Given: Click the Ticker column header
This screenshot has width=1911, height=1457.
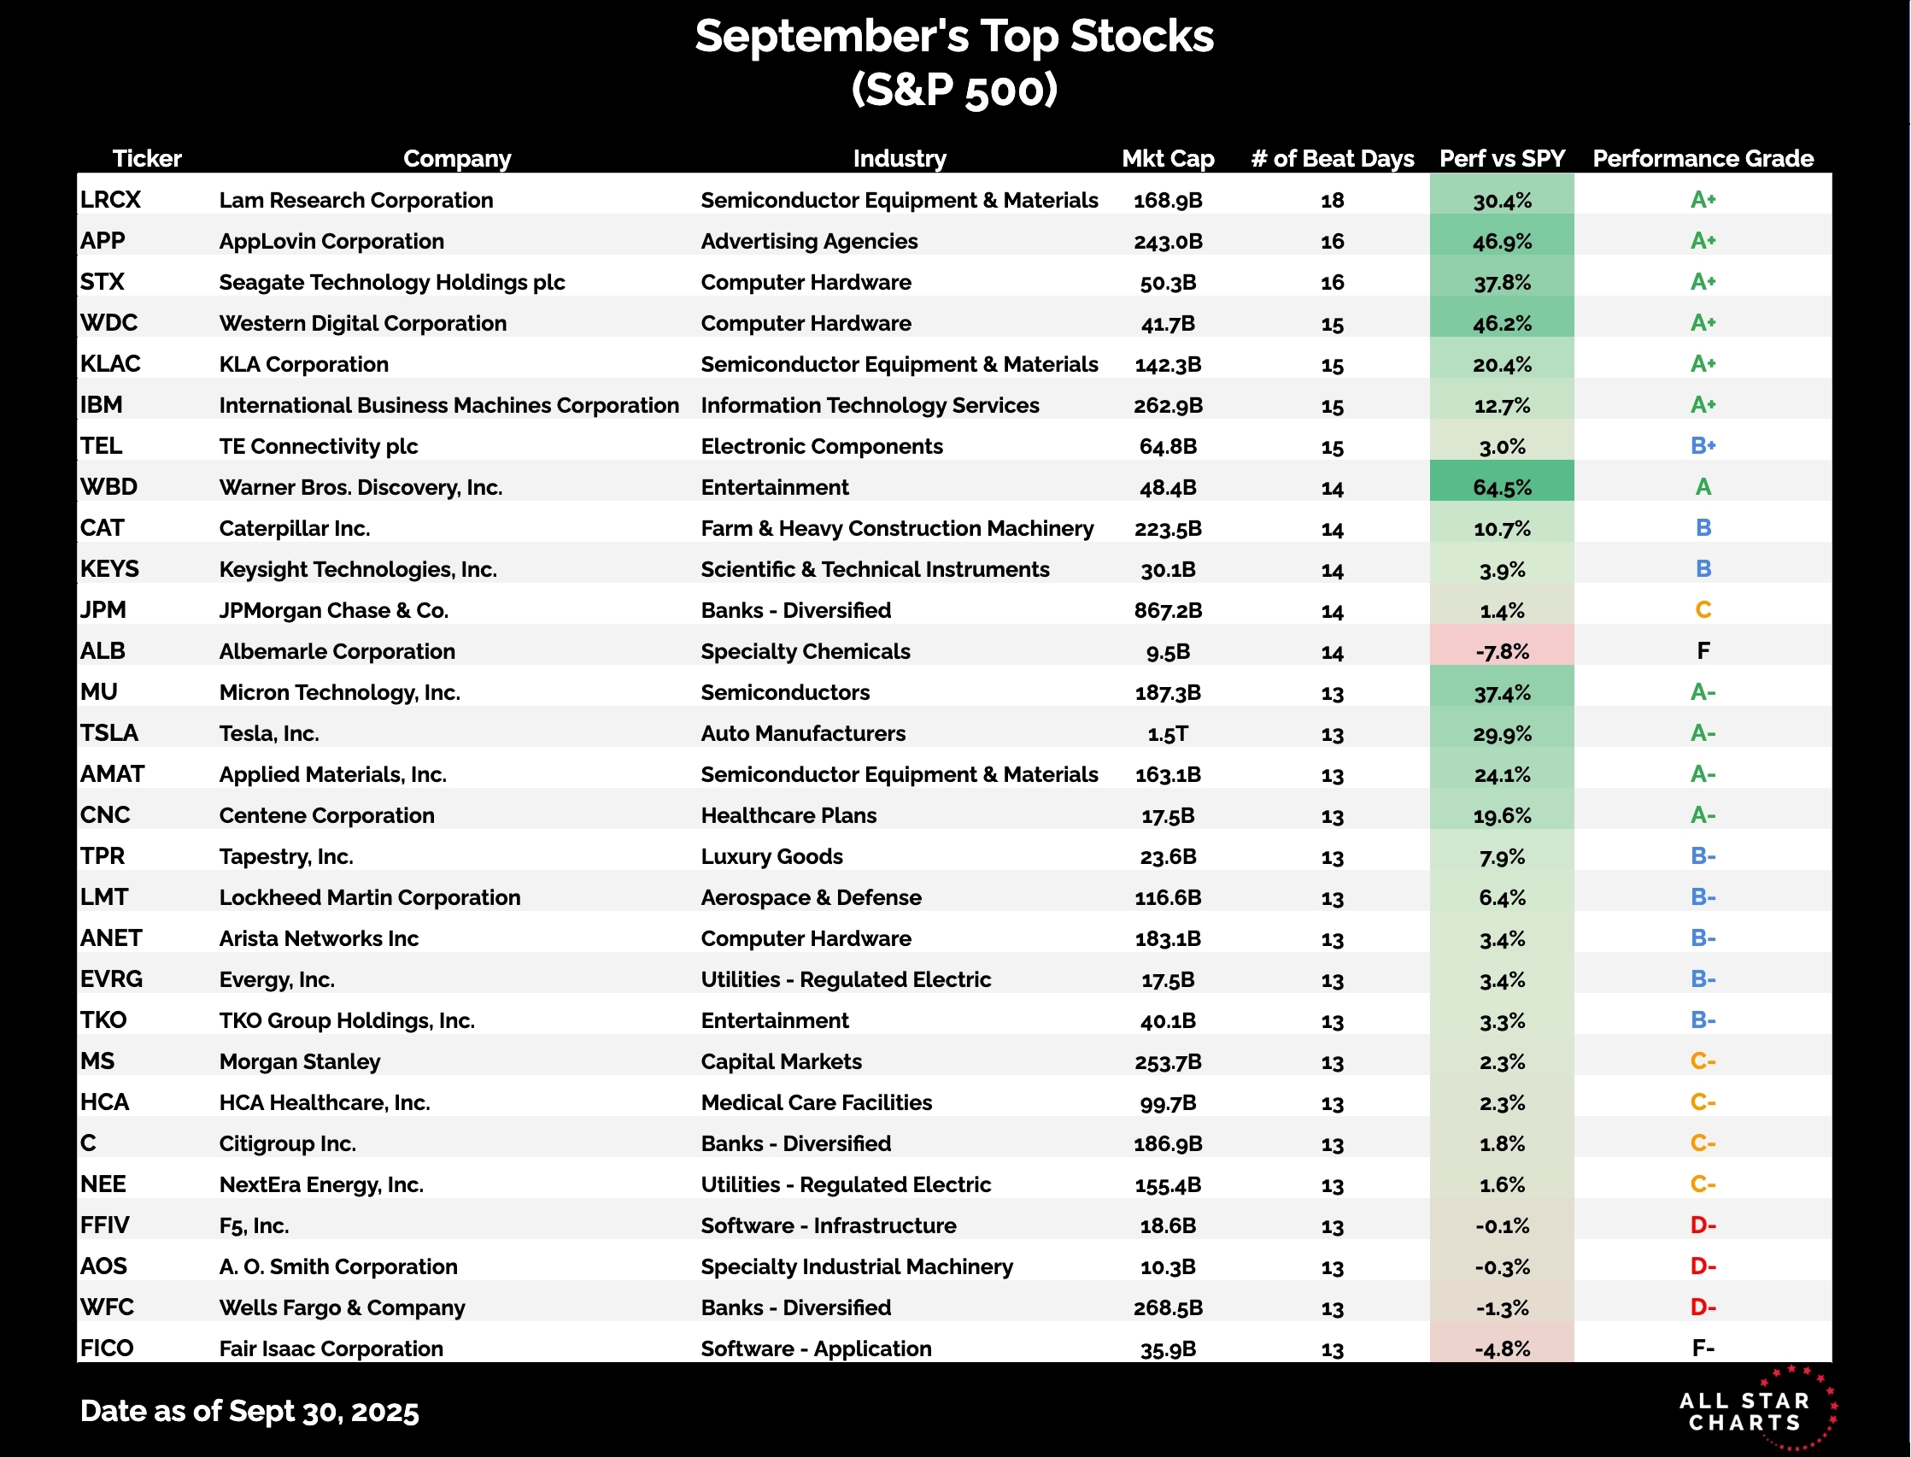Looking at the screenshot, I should tap(147, 159).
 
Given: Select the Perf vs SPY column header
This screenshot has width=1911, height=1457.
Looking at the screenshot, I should tap(1502, 159).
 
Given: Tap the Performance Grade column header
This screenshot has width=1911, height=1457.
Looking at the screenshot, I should tap(1702, 159).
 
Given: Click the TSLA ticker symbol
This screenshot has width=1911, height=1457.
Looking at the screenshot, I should tap(109, 734).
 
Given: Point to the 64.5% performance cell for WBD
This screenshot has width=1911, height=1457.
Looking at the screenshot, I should tap(1502, 487).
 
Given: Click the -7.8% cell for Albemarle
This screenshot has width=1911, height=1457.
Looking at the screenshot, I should tap(1502, 651).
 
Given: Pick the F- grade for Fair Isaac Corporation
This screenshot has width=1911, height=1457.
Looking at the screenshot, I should tap(1702, 1348).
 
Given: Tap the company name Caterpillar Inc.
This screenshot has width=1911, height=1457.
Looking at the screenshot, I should tap(294, 528).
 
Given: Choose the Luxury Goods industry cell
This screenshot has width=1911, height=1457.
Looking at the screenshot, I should tap(771, 857).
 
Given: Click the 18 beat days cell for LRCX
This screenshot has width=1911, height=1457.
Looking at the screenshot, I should tap(1332, 200).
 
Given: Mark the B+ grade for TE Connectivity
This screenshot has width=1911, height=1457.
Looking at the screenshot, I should tap(1702, 446).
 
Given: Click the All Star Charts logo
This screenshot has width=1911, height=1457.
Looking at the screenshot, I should tap(1756, 1410).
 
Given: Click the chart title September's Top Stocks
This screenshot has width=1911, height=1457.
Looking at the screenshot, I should tap(953, 37).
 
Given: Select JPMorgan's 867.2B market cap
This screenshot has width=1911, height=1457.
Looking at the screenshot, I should tap(1167, 610).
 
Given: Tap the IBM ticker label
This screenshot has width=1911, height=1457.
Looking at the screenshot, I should tap(102, 405).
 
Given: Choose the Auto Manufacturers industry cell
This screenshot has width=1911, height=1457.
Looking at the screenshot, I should tap(803, 734).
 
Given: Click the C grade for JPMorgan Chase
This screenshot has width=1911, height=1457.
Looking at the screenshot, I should tap(1702, 610).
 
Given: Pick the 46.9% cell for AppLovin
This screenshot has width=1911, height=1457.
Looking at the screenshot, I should tap(1502, 241).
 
